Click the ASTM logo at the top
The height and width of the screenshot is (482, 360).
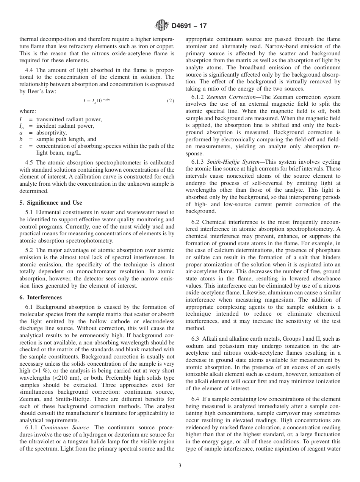pyautogui.click(x=162, y=26)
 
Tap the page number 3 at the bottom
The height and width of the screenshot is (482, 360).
pyautogui.click(x=180, y=466)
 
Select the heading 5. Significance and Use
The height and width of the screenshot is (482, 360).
pyautogui.click(x=51, y=203)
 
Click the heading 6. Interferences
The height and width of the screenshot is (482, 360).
pyautogui.click(x=40, y=297)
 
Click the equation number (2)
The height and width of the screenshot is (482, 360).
pyautogui.click(x=171, y=101)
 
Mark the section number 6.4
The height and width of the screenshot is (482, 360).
pyautogui.click(x=196, y=399)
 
